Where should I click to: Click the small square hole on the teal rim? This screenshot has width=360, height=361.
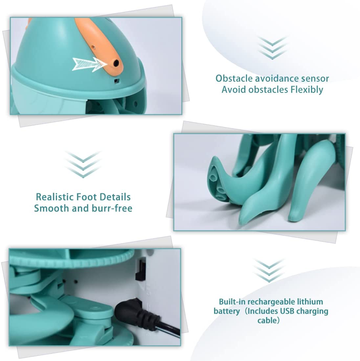pyautogui.click(x=117, y=81)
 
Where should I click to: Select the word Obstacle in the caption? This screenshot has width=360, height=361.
pyautogui.click(x=234, y=78)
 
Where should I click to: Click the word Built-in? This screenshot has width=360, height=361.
pyautogui.click(x=232, y=302)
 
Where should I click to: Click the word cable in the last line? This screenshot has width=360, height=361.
pyautogui.click(x=267, y=320)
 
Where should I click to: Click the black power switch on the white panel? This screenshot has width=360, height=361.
pyautogui.click(x=140, y=269)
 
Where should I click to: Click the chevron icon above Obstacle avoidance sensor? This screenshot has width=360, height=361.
pyautogui.click(x=272, y=48)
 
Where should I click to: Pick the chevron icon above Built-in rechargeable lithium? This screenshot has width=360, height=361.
pyautogui.click(x=269, y=270)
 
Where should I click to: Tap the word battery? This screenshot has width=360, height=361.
pyautogui.click(x=227, y=311)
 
